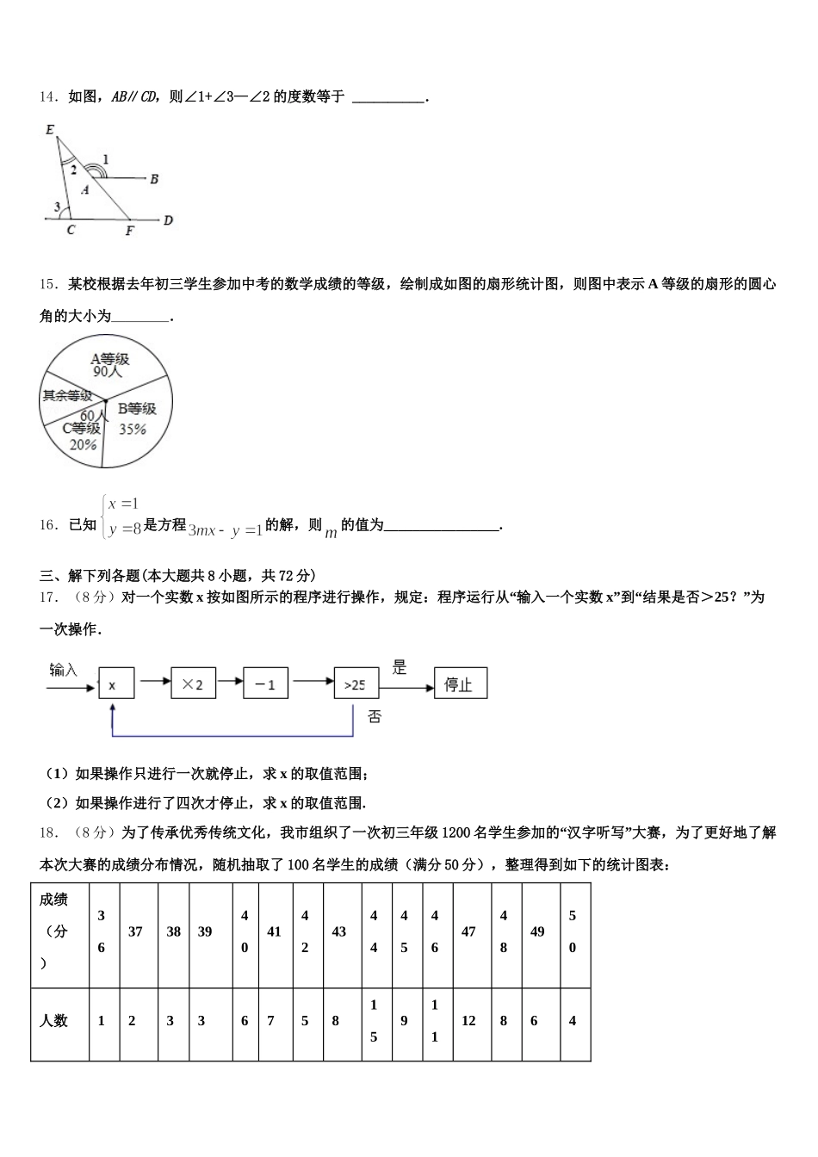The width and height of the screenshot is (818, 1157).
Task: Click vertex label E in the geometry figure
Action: click(x=50, y=131)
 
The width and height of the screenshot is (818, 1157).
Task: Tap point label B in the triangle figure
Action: click(x=154, y=179)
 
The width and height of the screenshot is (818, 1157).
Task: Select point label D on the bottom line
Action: click(x=168, y=220)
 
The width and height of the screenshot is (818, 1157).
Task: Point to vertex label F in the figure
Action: click(x=129, y=231)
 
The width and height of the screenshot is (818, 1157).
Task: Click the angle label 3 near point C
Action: click(x=57, y=207)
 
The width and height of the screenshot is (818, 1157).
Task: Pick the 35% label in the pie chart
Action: click(x=133, y=429)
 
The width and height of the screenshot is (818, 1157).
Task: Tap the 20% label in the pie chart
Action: click(x=83, y=445)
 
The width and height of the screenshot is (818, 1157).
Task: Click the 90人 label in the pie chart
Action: click(x=108, y=373)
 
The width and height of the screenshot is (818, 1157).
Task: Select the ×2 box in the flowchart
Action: click(x=193, y=684)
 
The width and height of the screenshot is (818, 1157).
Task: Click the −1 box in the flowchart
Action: click(x=265, y=684)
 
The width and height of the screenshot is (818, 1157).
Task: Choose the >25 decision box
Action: click(x=356, y=684)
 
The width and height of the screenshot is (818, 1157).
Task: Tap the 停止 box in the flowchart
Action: click(x=460, y=684)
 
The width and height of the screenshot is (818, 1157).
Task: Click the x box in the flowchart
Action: click(x=113, y=685)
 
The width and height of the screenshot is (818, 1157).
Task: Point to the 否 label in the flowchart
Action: click(x=375, y=716)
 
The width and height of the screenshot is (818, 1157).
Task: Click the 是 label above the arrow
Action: click(x=399, y=667)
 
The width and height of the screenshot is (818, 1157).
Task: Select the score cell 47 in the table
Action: click(x=469, y=931)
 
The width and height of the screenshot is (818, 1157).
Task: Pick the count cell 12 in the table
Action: click(x=469, y=1021)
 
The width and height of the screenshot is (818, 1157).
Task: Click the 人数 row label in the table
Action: click(x=54, y=1021)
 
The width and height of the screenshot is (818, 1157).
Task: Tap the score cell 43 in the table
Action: click(x=339, y=931)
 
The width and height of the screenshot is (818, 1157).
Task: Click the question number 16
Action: click(x=48, y=525)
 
